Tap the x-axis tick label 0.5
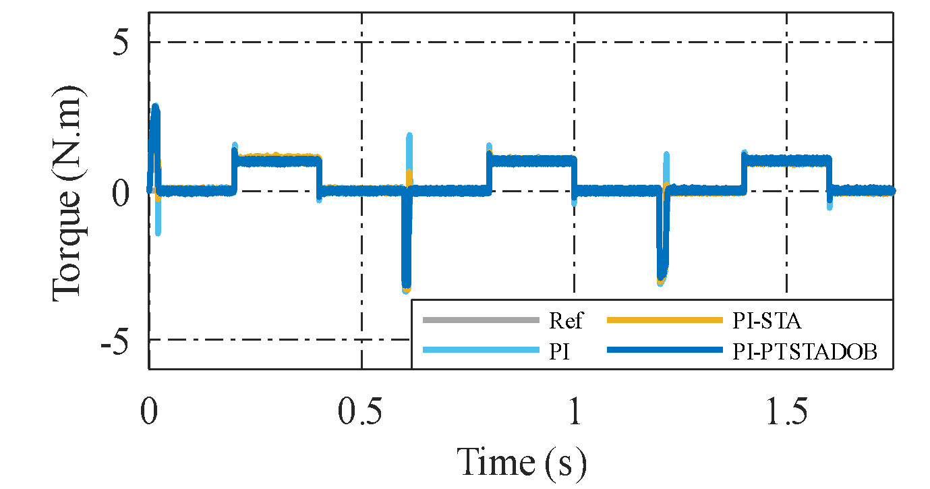click(x=362, y=411)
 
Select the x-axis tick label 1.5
click(x=786, y=411)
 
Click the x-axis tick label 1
click(x=575, y=411)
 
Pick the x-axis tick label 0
click(x=149, y=411)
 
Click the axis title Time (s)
click(x=521, y=461)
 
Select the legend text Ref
click(x=565, y=320)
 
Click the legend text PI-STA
click(x=767, y=320)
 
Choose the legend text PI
click(x=558, y=351)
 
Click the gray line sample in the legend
click(x=481, y=320)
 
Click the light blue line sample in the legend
click(x=481, y=351)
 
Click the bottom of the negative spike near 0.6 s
click(x=406, y=291)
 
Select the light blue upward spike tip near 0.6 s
click(x=409, y=135)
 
